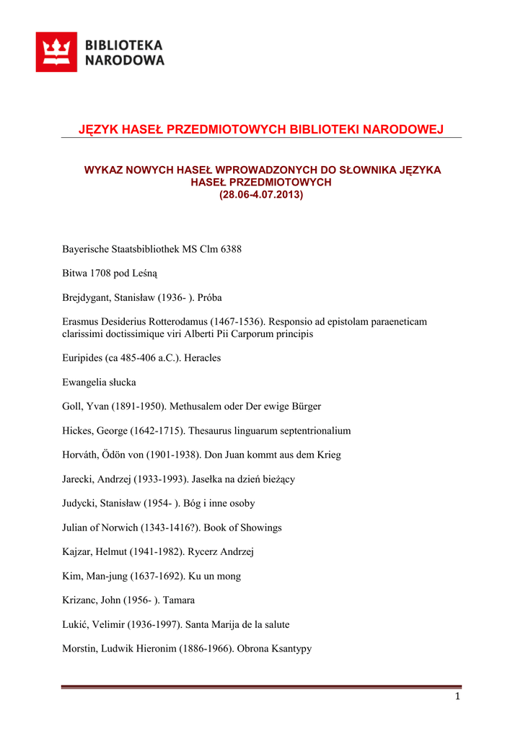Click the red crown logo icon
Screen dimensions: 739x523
click(x=56, y=52)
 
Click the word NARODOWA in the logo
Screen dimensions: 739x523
click(x=125, y=61)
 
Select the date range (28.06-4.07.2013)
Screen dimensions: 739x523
click(x=261, y=195)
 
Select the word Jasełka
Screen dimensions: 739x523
click(x=208, y=479)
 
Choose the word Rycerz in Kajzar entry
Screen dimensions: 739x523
click(x=204, y=552)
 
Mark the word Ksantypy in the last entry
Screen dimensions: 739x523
click(x=287, y=649)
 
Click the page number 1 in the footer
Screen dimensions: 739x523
click(x=457, y=696)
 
